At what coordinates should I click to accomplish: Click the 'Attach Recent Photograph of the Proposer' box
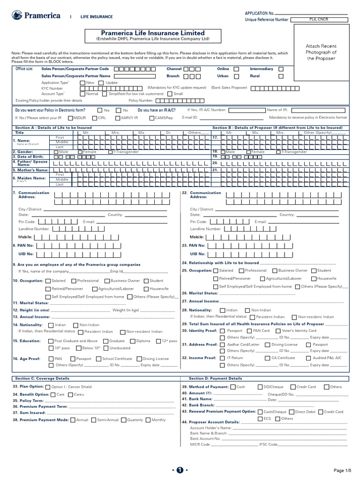321,52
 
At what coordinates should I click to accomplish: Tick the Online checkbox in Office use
236,69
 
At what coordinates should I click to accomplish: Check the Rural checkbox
281,76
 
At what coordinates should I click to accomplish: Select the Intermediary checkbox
281,69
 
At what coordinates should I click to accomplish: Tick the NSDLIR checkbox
70,118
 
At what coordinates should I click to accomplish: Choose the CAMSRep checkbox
151,118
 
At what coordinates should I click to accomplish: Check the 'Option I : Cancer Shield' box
48,387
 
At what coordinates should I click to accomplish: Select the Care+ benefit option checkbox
70,395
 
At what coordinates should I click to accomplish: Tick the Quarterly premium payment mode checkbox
123,420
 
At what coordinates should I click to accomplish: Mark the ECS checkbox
260,419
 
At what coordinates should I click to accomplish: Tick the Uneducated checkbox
105,348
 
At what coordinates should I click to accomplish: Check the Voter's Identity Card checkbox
278,330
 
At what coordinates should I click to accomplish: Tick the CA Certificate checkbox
268,358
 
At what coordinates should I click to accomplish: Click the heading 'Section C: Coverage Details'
42,378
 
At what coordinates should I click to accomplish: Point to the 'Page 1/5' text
342,470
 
